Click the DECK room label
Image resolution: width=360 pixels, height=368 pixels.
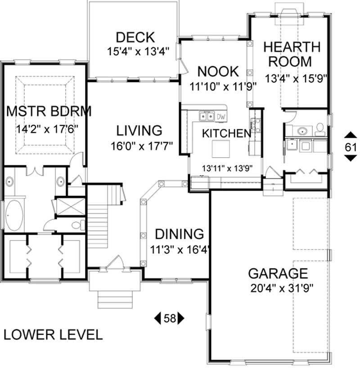tap(135, 37)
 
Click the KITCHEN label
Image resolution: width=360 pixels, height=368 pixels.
tap(226, 133)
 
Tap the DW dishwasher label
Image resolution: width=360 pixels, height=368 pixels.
tap(221, 117)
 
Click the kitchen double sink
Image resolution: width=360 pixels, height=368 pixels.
tap(207, 117)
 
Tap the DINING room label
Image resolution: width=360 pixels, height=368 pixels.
tap(179, 234)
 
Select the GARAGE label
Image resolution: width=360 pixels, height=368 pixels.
tap(278, 273)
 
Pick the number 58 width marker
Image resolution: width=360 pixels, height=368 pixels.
tap(169, 318)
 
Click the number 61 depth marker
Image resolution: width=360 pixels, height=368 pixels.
tap(351, 146)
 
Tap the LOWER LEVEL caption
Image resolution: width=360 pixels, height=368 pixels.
tap(53, 335)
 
